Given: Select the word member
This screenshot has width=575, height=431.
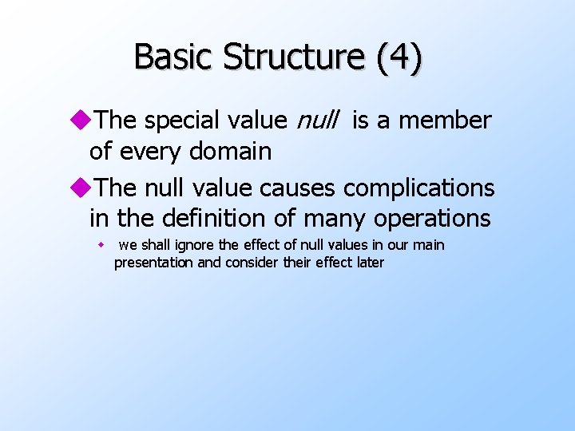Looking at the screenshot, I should [445, 121].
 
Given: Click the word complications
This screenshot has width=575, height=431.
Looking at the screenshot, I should [419, 188].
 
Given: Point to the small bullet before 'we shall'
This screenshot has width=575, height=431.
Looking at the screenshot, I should [101, 245].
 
